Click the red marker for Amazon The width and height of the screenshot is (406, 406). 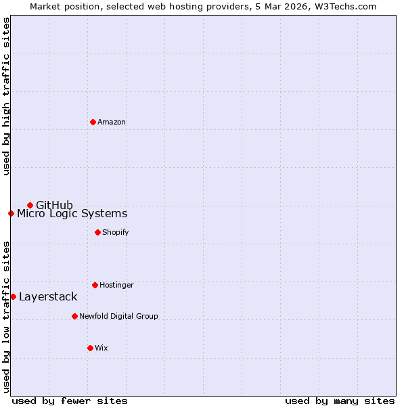[93, 122]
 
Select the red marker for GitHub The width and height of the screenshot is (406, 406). [30, 205]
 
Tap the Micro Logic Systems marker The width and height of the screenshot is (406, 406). [11, 213]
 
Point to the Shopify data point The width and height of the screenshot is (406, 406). [97, 232]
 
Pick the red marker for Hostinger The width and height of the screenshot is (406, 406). [95, 285]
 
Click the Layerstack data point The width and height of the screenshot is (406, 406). [13, 296]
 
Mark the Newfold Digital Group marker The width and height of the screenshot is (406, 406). [74, 316]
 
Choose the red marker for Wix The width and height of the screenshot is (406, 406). [90, 348]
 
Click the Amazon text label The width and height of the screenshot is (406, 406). [112, 122]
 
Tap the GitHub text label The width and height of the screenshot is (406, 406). [54, 205]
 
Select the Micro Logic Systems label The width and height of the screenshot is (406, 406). [72, 214]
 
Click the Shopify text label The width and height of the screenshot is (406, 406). [116, 232]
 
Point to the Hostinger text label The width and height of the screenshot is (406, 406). [116, 285]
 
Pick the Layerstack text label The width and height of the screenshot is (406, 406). [48, 296]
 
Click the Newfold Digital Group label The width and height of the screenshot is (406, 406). [118, 316]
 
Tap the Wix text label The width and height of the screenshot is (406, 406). [101, 348]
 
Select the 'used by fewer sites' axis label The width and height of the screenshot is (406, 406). [70, 401]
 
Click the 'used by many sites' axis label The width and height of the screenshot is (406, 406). [340, 401]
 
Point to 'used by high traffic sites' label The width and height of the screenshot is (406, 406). [6, 96]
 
